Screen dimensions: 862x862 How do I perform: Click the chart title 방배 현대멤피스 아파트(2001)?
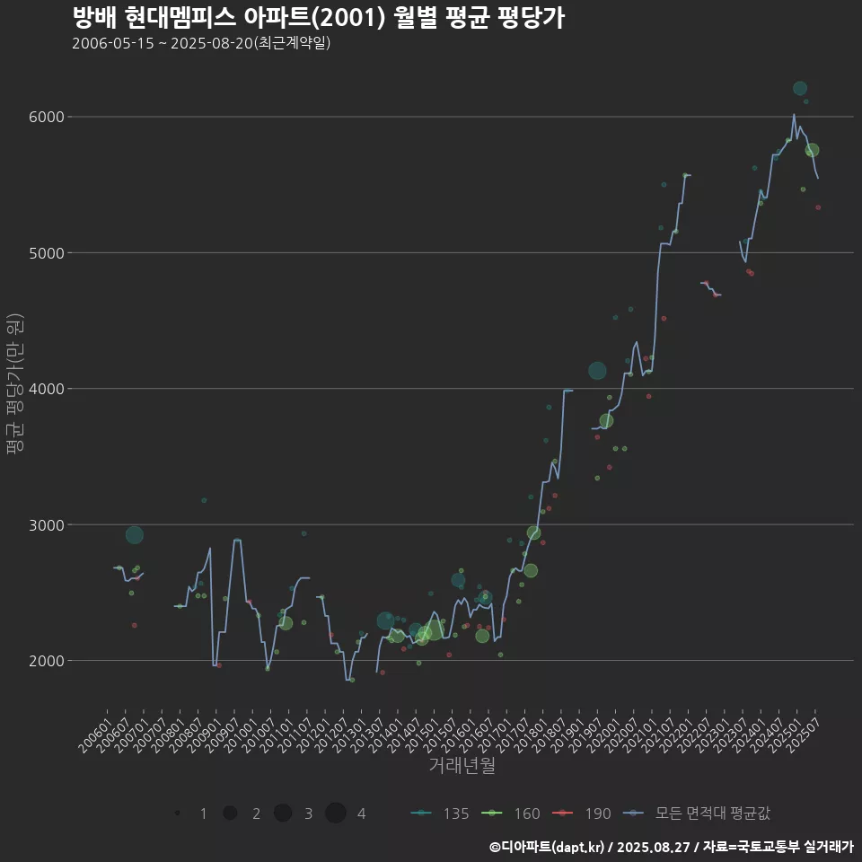[318, 18]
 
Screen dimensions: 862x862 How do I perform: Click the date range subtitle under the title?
[201, 43]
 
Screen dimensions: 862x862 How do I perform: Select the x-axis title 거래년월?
[462, 766]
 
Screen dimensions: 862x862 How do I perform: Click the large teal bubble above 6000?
[800, 88]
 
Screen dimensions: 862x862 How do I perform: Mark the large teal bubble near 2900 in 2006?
[135, 535]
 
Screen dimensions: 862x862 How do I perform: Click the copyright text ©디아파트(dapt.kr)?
[547, 847]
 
